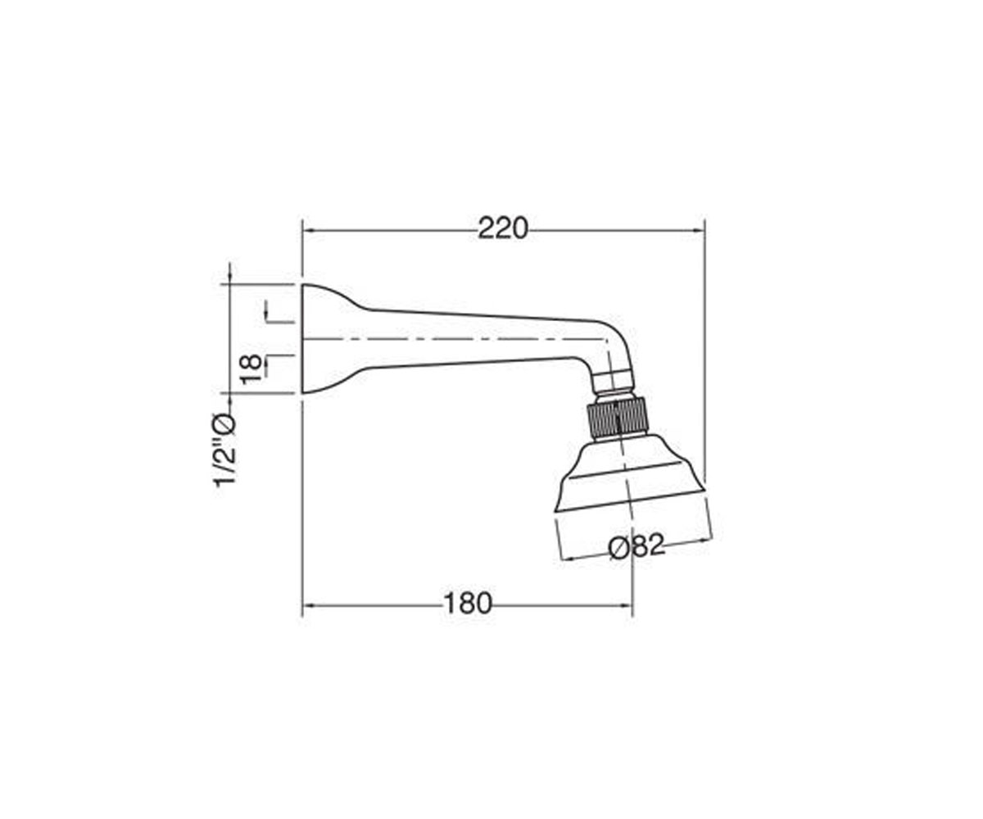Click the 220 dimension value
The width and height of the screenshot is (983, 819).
503,229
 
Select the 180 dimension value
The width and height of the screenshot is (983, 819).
468,604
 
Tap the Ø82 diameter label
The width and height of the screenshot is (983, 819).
636,546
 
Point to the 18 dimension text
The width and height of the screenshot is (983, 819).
251,369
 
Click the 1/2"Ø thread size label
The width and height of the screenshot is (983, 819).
224,450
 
